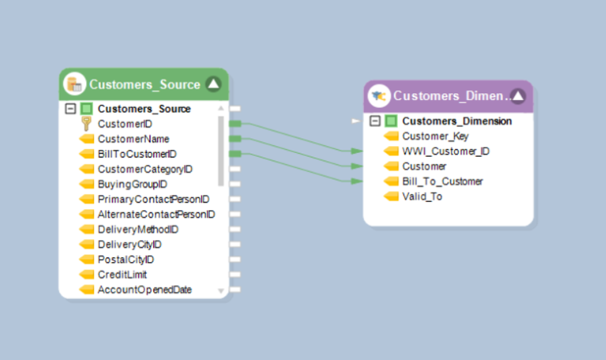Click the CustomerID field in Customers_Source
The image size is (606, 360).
point(125,124)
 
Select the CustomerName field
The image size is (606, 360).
point(133,139)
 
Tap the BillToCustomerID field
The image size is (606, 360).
point(137,154)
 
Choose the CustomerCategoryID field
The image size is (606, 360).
point(144,169)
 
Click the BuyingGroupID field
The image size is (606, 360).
point(132,184)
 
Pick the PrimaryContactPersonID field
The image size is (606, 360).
point(153,199)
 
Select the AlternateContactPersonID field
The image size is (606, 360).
point(155,214)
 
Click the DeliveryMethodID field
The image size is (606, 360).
point(137,229)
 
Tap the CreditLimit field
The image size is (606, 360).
point(122,274)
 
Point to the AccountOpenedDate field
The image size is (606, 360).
point(144,290)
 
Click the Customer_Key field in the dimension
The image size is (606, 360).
point(435,137)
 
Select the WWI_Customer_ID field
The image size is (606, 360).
point(446,152)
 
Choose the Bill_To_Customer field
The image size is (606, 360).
point(442,182)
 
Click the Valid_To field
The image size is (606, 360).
point(422,197)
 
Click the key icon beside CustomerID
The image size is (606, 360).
point(87,124)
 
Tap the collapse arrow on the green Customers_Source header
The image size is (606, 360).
point(213,84)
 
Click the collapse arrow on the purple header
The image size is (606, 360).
point(518,96)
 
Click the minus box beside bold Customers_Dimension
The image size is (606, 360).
point(376,122)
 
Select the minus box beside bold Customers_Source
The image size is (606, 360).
point(71,109)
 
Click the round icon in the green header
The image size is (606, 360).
point(75,84)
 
